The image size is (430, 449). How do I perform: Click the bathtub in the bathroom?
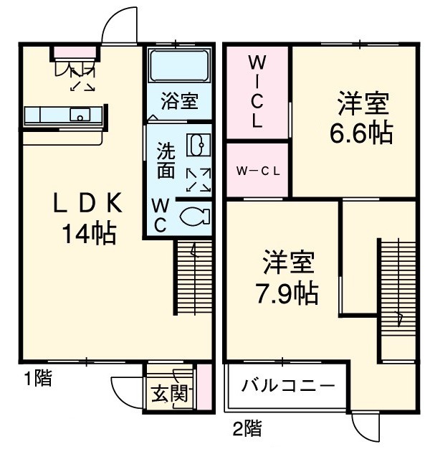tap(179, 67)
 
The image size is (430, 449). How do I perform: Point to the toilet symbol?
tap(194, 215)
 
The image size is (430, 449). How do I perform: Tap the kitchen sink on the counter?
tap(80, 114)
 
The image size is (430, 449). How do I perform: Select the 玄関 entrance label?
tap(170, 394)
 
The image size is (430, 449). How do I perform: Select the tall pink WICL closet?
tap(257, 93)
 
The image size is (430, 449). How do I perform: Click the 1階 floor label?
tap(34, 379)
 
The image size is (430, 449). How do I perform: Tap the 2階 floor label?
tap(246, 429)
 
